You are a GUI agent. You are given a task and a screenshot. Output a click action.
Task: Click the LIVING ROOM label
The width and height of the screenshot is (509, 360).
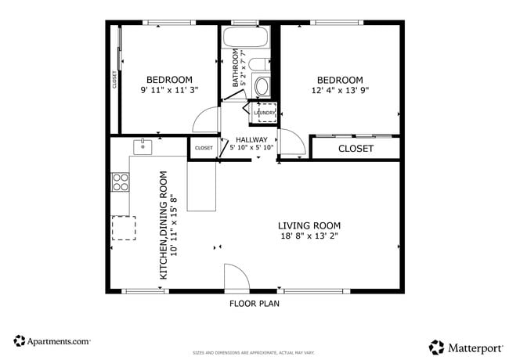[310, 225]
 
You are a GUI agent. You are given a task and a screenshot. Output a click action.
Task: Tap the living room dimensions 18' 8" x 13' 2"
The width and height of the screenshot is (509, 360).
[310, 236]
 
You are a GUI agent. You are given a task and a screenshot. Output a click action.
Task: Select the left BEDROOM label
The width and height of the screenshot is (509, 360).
[169, 80]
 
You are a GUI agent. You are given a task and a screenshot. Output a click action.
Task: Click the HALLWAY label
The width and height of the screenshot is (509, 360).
[251, 139]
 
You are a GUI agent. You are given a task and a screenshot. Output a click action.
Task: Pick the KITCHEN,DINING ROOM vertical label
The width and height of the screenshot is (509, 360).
[164, 225]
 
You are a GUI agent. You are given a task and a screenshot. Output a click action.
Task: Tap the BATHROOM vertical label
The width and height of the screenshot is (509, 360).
[235, 70]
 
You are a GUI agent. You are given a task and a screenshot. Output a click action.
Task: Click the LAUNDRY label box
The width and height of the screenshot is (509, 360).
[265, 113]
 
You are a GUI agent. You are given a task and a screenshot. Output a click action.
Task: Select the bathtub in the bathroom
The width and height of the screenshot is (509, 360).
[246, 38]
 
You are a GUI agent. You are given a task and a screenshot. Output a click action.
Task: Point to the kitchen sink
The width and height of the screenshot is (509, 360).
[143, 146]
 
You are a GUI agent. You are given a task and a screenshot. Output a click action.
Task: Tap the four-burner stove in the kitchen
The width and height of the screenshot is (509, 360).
[121, 182]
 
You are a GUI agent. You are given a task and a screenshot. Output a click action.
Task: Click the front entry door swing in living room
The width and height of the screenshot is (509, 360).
[235, 275]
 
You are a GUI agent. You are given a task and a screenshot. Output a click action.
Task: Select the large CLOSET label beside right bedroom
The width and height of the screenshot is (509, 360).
[356, 148]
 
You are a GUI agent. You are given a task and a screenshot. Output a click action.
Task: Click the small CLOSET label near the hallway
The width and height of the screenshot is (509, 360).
[204, 148]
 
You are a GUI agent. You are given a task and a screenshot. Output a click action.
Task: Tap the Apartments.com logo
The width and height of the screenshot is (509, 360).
[52, 341]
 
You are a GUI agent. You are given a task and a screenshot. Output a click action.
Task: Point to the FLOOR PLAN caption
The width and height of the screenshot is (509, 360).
[254, 304]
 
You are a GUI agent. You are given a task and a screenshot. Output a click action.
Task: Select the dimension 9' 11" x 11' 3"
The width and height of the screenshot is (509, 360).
[169, 91]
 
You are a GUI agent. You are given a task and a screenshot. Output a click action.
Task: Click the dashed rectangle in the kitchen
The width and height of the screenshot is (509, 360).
[123, 228]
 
